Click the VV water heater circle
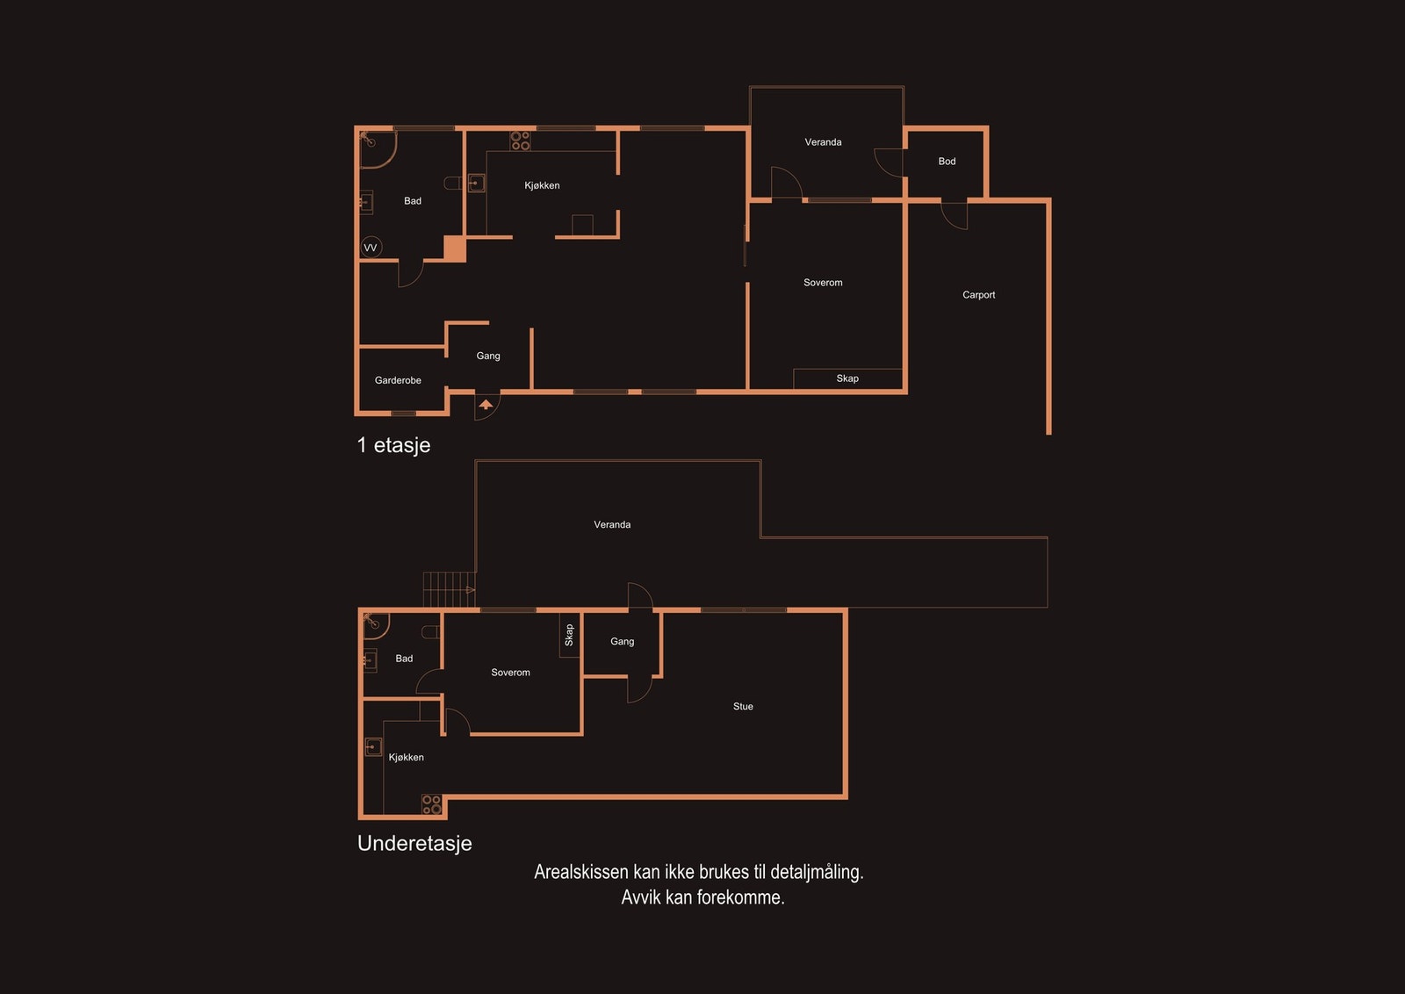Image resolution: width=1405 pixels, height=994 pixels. click(371, 248)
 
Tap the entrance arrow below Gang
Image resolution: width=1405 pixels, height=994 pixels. click(486, 405)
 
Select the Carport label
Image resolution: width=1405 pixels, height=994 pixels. click(978, 295)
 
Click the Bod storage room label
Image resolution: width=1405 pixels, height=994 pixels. click(947, 162)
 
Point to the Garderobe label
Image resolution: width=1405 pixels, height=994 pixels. click(398, 380)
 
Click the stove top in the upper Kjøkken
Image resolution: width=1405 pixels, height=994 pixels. click(520, 140)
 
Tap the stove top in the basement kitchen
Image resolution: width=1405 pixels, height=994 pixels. click(431, 804)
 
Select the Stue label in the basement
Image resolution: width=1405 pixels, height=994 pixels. click(743, 707)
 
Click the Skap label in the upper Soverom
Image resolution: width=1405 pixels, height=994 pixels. click(847, 378)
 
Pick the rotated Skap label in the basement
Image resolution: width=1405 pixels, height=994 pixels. click(569, 635)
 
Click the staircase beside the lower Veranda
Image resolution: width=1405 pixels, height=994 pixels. click(449, 589)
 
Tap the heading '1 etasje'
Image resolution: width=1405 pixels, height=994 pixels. click(393, 445)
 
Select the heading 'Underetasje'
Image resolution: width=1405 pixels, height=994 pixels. click(414, 844)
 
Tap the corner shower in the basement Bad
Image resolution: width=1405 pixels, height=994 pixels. click(375, 624)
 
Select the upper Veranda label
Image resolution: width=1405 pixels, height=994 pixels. click(823, 142)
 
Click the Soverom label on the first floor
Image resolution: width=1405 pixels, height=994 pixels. click(823, 283)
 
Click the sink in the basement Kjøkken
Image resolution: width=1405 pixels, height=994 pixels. click(373, 747)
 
